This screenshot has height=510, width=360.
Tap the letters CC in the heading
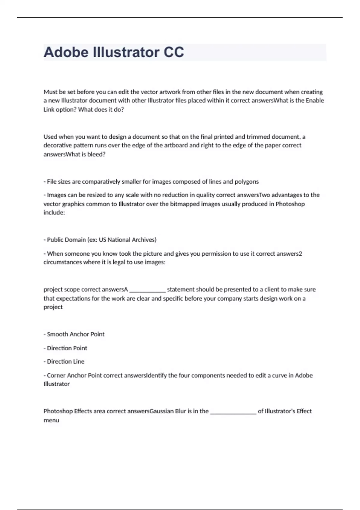click(x=173, y=52)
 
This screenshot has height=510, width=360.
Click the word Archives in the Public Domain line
click(x=144, y=240)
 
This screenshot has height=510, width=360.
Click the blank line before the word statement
click(x=147, y=290)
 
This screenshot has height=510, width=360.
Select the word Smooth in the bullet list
click(x=56, y=334)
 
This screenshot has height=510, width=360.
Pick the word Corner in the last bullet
click(x=56, y=375)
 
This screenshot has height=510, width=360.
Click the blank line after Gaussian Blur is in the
click(x=233, y=412)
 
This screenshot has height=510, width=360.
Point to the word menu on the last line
click(x=51, y=420)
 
